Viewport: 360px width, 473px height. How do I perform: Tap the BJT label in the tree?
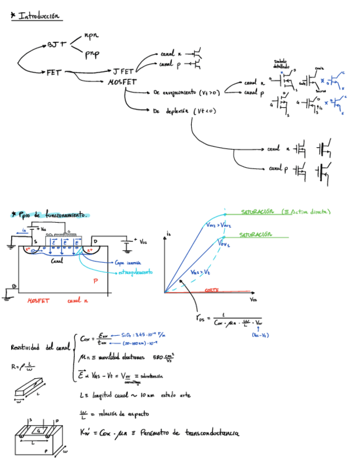(x=57, y=44)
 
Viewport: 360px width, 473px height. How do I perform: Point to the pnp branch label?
(x=92, y=54)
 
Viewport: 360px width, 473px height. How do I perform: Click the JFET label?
(x=123, y=72)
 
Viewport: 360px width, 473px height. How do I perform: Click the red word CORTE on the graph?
(x=211, y=290)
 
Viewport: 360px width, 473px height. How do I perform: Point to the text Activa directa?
(x=308, y=211)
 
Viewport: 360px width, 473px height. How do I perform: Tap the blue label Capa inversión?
(x=128, y=262)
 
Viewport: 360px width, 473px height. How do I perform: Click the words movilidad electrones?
(x=120, y=357)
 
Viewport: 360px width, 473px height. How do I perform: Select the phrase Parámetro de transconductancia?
(x=190, y=432)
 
